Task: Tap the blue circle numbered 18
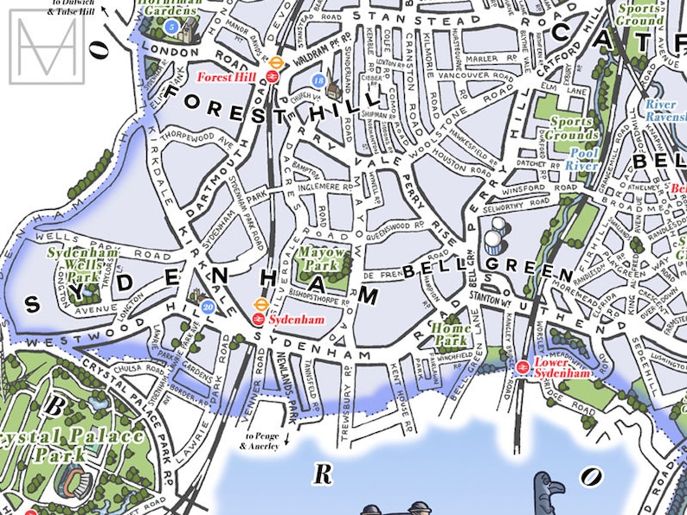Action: pyautogui.click(x=319, y=81)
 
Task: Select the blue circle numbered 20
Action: pyautogui.click(x=208, y=306)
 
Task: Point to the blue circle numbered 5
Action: pyautogui.click(x=172, y=28)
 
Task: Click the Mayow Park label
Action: pyautogui.click(x=322, y=257)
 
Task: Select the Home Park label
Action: pyautogui.click(x=451, y=334)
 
